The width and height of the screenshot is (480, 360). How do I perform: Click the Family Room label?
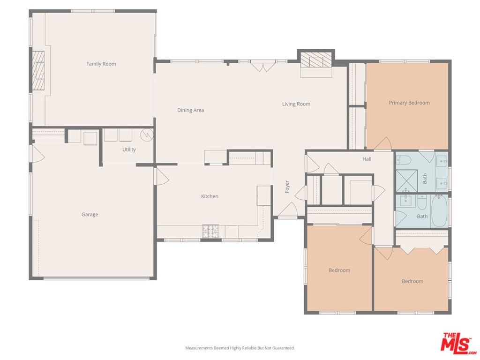(x=101, y=64)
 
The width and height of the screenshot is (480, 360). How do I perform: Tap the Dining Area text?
(x=190, y=110)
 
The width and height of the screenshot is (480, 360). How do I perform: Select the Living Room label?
(x=296, y=104)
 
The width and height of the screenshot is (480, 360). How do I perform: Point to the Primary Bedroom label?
(x=409, y=103)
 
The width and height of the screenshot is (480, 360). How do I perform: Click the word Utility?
(x=129, y=150)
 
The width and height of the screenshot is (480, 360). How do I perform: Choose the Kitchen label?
(x=210, y=196)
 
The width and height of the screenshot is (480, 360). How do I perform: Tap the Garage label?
(x=90, y=215)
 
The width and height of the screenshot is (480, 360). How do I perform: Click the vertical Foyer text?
(x=287, y=186)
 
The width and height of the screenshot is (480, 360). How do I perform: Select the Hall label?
(x=367, y=159)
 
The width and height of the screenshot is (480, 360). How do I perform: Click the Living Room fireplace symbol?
(x=316, y=60)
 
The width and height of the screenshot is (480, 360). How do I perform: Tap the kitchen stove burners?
(x=210, y=231)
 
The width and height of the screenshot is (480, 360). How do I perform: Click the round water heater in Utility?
(x=147, y=135)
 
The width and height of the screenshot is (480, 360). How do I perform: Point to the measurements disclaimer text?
(x=240, y=348)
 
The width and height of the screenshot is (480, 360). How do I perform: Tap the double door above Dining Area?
(x=262, y=67)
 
